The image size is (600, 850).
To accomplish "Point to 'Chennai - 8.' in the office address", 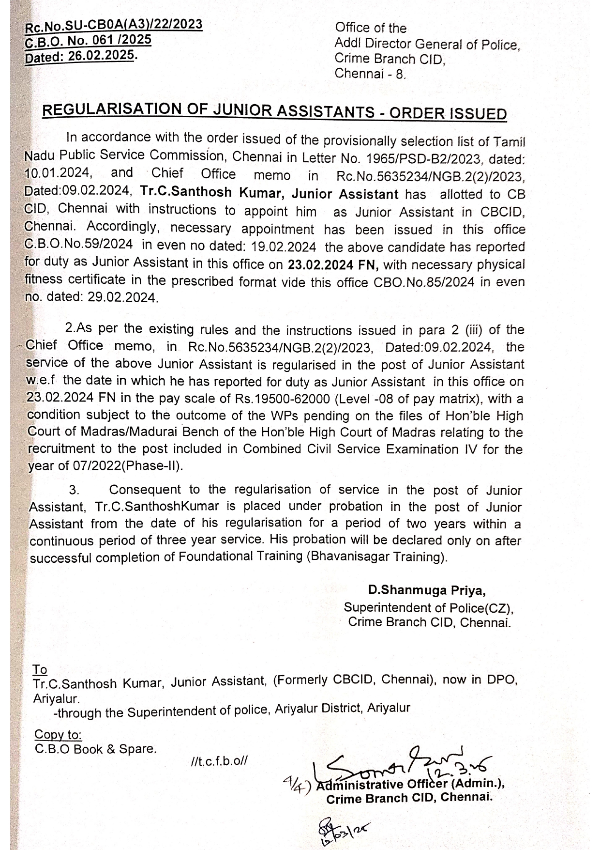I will [x=371, y=74].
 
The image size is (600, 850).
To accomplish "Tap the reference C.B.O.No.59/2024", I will [x=78, y=245].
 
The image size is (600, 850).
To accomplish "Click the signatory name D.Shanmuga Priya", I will [x=426, y=590].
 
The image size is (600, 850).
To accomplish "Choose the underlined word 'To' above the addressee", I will [x=40, y=670].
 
